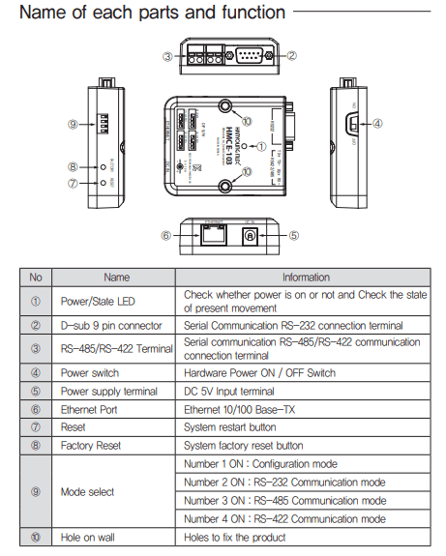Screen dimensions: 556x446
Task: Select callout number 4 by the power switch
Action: point(377,124)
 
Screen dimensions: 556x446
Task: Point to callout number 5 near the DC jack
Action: point(293,234)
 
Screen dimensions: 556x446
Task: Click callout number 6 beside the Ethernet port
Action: point(166,235)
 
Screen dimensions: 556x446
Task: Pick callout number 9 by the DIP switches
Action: point(73,124)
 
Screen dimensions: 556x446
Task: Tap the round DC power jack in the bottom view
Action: point(250,234)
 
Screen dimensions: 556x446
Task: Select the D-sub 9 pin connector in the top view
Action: point(251,56)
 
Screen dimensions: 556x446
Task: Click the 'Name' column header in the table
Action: point(116,277)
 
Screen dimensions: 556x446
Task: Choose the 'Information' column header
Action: point(306,277)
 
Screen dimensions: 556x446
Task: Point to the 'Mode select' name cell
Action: point(88,492)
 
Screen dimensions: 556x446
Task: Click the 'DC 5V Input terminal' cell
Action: point(242,391)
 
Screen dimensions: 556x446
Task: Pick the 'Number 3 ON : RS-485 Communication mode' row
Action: point(284,501)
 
